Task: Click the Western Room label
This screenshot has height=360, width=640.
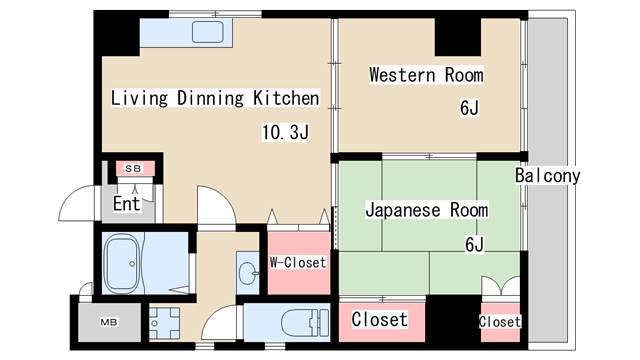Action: (426, 75)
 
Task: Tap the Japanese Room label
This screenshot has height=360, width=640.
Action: (426, 210)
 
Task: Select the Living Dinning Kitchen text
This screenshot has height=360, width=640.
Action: (215, 98)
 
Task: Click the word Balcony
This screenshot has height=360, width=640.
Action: (547, 176)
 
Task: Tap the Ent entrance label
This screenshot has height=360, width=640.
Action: (126, 204)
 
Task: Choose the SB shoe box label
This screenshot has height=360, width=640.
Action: (132, 168)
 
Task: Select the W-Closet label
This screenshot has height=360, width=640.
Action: (297, 263)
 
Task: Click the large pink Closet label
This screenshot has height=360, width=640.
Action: (380, 320)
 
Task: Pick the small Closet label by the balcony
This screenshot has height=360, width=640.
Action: (499, 322)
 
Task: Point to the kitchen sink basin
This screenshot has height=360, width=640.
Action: (207, 31)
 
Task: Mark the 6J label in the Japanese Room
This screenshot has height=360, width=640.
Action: (473, 243)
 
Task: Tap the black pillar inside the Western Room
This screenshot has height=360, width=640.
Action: (457, 37)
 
